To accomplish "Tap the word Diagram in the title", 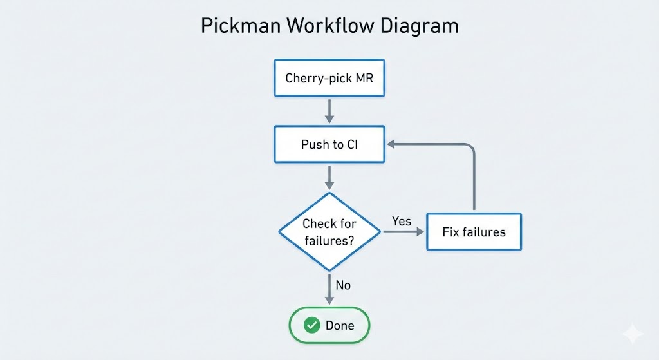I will pyautogui.click(x=420, y=26).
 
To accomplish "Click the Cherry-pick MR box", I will pyautogui.click(x=329, y=79).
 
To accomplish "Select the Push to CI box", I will pyautogui.click(x=329, y=144).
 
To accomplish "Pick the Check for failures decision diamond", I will pyautogui.click(x=329, y=232).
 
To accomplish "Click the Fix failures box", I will pyautogui.click(x=474, y=232).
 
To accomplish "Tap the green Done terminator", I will pyautogui.click(x=329, y=325).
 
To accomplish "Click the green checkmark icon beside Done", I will pyautogui.click(x=312, y=325).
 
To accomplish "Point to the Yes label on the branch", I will pyautogui.click(x=402, y=221).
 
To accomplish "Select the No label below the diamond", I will pyautogui.click(x=343, y=285).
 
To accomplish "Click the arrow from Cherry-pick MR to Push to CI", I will pyautogui.click(x=329, y=111).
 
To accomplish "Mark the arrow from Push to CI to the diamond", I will pyautogui.click(x=329, y=177).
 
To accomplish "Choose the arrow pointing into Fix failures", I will pyautogui.click(x=405, y=232).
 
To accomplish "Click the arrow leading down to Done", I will pyautogui.click(x=329, y=289).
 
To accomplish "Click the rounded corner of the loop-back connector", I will pyautogui.click(x=470, y=147).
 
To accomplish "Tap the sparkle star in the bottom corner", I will pyautogui.click(x=633, y=334).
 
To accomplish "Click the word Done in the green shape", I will pyautogui.click(x=340, y=325).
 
